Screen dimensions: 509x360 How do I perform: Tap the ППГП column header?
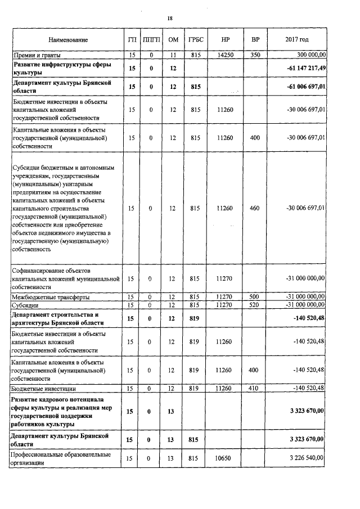click(x=151, y=40)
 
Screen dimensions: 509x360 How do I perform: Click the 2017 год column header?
click(x=297, y=40)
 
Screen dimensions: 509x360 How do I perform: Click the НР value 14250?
click(x=225, y=55)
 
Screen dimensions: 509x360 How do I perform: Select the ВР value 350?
click(x=254, y=55)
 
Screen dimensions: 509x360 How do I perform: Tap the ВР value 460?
click(x=254, y=208)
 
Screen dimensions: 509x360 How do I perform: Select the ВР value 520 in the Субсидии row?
click(x=254, y=304)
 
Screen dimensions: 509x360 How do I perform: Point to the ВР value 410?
click(x=254, y=388)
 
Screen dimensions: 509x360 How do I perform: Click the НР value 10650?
click(x=225, y=458)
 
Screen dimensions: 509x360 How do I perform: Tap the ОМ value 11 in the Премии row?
click(x=173, y=55)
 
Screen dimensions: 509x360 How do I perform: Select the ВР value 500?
click(x=254, y=296)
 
